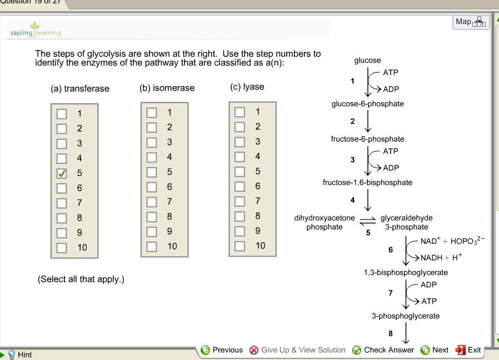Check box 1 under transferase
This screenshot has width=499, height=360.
pyautogui.click(x=62, y=114)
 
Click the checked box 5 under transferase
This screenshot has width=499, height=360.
pyautogui.click(x=62, y=173)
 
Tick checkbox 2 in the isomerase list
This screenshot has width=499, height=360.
pyautogui.click(x=151, y=127)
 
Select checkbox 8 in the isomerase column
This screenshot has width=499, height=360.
pyautogui.click(x=151, y=216)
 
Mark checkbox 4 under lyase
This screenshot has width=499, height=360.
pyautogui.click(x=239, y=157)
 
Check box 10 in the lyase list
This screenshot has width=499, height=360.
pyautogui.click(x=239, y=246)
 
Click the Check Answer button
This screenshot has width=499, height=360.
pyautogui.click(x=383, y=350)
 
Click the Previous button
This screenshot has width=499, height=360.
pyautogui.click(x=222, y=350)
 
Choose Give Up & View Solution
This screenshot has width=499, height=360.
pyautogui.click(x=297, y=350)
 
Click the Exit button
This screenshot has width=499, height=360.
pyautogui.click(x=468, y=350)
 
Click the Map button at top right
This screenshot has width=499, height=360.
pyautogui.click(x=470, y=22)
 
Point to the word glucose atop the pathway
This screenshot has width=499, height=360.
pyautogui.click(x=367, y=60)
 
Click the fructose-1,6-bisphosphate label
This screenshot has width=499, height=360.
pyautogui.click(x=367, y=182)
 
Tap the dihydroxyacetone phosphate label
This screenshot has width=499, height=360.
pyautogui.click(x=325, y=222)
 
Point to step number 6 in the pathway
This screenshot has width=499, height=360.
pyautogui.click(x=391, y=250)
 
